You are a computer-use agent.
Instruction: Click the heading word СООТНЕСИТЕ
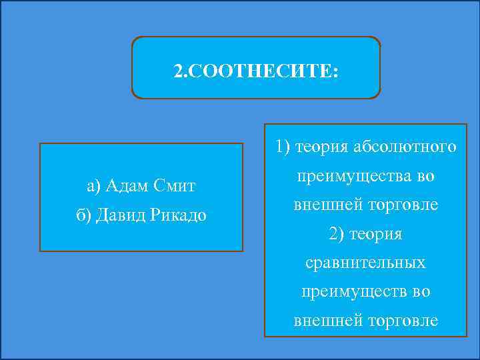coord(263,70)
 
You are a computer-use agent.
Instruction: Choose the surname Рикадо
coord(178,215)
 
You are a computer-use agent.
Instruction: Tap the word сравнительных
coord(365,263)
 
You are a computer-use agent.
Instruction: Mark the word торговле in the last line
coord(407,321)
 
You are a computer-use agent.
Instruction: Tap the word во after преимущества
coord(425,177)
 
